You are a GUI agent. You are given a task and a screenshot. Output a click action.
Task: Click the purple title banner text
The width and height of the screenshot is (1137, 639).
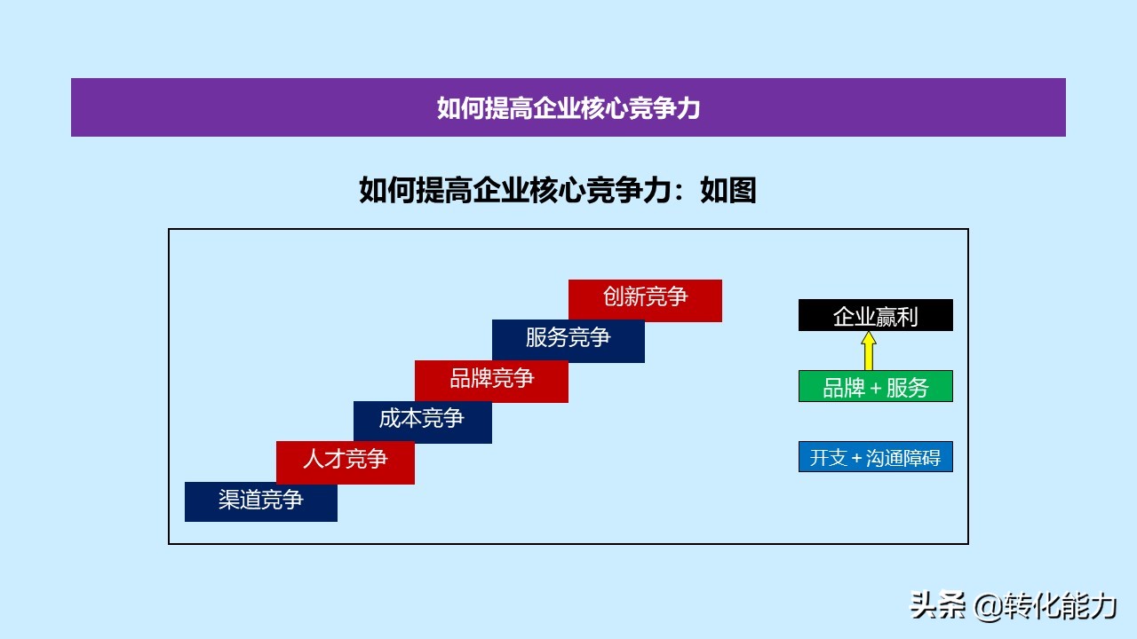(x=568, y=108)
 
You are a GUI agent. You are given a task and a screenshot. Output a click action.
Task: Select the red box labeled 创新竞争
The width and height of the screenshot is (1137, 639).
(x=645, y=301)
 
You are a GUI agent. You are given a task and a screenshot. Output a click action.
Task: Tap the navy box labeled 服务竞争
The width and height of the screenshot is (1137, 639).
(x=568, y=341)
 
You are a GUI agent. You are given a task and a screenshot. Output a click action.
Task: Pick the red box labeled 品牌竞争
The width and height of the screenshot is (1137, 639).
(x=491, y=382)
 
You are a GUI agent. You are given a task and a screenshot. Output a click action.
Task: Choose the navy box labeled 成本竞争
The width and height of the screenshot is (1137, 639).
(x=422, y=422)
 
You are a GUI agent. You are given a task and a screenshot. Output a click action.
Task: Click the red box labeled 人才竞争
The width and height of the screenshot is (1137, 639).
(x=346, y=462)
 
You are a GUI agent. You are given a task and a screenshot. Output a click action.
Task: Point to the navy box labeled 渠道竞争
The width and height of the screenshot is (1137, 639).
(x=261, y=501)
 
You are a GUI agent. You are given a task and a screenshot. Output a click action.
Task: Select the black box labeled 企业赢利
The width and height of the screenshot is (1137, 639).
(x=876, y=315)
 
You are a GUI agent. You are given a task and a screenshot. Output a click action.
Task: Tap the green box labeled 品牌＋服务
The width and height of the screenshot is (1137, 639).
(x=876, y=386)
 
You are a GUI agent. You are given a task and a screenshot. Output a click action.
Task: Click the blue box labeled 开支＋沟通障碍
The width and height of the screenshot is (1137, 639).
(x=876, y=456)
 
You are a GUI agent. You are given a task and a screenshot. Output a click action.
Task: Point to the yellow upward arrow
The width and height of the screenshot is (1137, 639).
(x=869, y=351)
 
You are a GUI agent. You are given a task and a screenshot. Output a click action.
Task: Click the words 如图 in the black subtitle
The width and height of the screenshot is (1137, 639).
(x=728, y=191)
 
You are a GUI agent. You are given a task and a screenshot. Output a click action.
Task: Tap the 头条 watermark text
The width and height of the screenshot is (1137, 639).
(x=937, y=605)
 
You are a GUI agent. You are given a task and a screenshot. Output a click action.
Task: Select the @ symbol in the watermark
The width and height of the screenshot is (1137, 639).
(x=988, y=607)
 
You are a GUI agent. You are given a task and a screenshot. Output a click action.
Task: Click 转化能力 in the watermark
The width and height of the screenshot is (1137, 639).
(x=1060, y=605)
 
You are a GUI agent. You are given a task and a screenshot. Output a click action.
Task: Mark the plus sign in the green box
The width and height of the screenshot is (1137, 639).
(x=876, y=389)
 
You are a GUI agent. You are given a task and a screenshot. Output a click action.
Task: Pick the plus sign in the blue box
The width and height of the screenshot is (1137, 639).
(x=857, y=459)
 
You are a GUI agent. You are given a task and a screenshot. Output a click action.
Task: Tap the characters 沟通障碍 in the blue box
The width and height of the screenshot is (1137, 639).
(x=903, y=457)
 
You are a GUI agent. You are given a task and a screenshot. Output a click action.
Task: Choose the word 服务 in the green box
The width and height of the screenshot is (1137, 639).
(x=908, y=388)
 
